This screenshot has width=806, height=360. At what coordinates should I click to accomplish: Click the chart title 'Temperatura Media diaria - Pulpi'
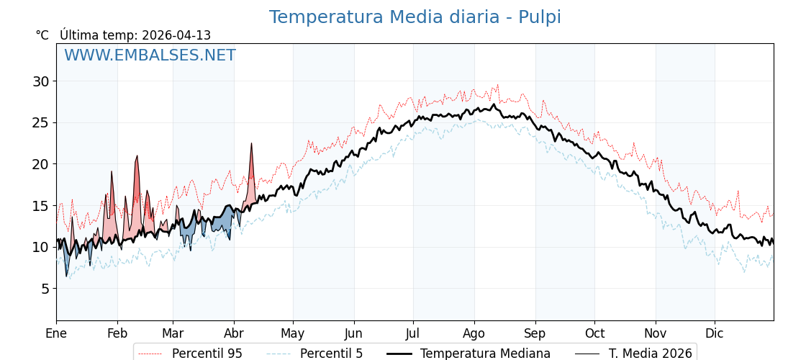click(415, 17)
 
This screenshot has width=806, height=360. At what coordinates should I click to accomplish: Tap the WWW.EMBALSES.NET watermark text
click(150, 55)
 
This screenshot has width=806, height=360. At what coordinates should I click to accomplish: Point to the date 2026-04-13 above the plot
click(176, 35)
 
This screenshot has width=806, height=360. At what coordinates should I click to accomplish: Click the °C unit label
click(42, 35)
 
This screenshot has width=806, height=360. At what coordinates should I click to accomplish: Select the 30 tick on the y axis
click(40, 81)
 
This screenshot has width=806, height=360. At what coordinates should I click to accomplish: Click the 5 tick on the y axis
click(45, 289)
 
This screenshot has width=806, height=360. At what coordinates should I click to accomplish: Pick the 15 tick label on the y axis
click(40, 206)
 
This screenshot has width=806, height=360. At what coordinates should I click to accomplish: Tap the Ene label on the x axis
click(56, 333)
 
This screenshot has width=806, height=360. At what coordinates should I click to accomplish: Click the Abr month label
click(234, 333)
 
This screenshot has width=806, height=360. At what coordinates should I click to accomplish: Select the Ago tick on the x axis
click(474, 333)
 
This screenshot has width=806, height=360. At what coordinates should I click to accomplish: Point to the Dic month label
click(715, 333)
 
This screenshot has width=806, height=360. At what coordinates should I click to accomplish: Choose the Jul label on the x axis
click(413, 333)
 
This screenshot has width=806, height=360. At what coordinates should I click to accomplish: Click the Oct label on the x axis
click(594, 333)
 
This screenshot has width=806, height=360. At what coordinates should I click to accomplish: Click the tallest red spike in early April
click(251, 145)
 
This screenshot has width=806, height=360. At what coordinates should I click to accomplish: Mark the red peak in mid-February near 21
click(137, 156)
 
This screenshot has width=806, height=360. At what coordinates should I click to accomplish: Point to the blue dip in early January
click(67, 274)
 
